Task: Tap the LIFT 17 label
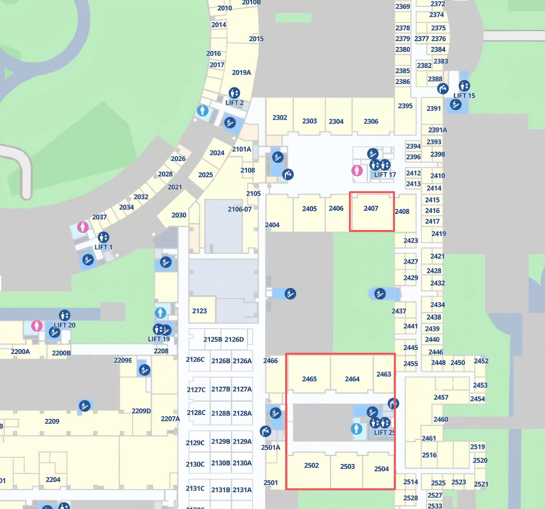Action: [x=385, y=175]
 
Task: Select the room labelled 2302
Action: [x=280, y=118]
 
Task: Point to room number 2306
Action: [x=371, y=121]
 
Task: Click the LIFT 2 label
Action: [x=234, y=102]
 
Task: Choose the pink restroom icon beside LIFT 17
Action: [x=357, y=171]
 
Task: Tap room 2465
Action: [x=309, y=379]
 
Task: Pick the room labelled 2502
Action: [x=311, y=465]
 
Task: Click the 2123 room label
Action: [x=199, y=311]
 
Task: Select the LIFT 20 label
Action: [x=65, y=325]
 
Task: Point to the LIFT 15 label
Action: [x=464, y=96]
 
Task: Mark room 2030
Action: [x=179, y=215]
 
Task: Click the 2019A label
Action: [x=241, y=72]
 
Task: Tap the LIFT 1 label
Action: [x=103, y=247]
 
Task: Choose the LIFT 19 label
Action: [x=159, y=339]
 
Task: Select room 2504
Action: [x=381, y=469]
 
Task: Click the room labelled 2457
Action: [x=441, y=397]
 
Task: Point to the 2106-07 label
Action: [x=240, y=209]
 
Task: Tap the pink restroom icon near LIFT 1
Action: [x=83, y=227]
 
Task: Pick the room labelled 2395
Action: [x=405, y=106]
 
